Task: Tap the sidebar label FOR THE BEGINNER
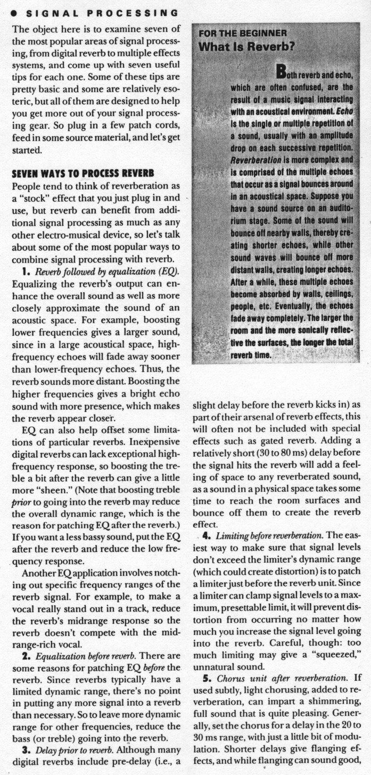coord(243,33)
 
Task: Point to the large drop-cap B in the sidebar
coord(283,71)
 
